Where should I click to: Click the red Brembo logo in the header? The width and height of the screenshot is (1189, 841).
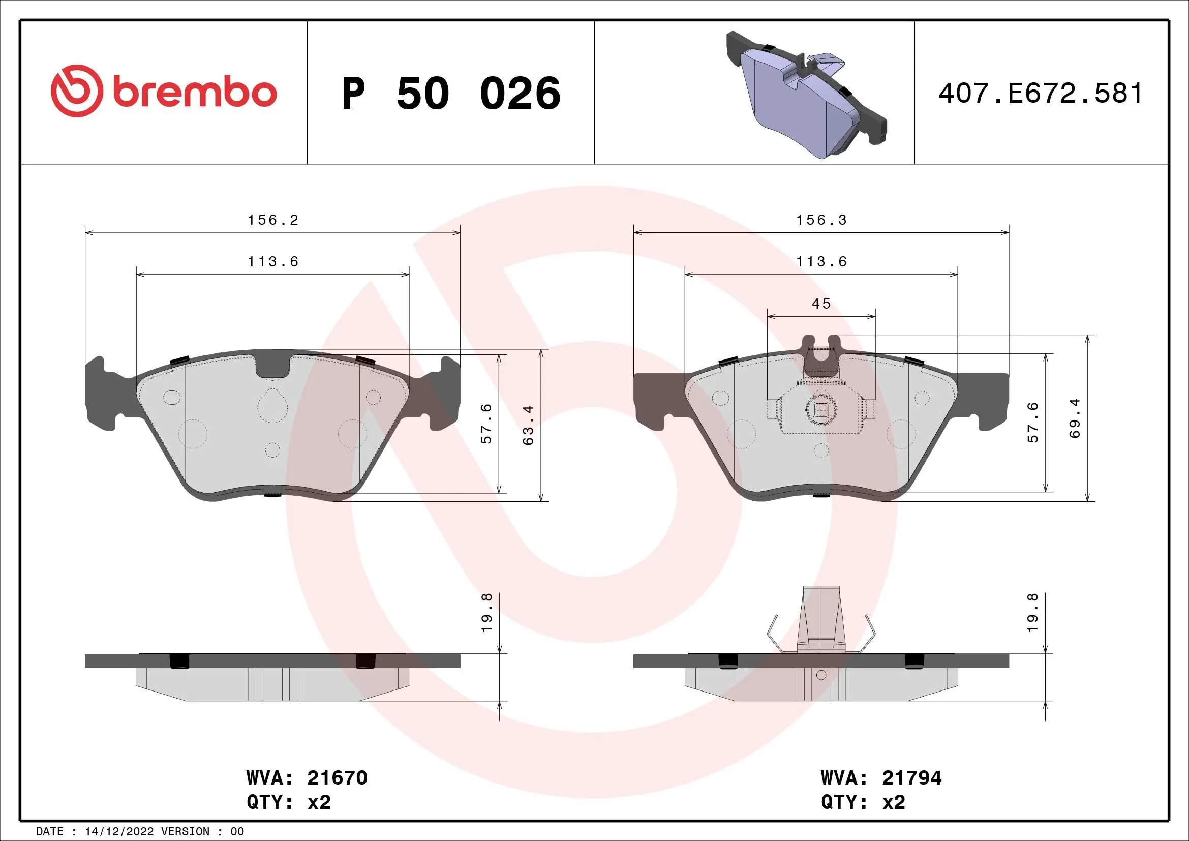164,92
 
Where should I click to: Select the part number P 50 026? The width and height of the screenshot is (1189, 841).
450,94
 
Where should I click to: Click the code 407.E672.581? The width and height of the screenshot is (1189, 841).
1041,94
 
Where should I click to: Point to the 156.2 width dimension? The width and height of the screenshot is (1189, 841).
273,220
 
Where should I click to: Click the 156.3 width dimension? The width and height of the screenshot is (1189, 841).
821,220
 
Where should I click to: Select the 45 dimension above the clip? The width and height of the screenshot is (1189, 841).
821,304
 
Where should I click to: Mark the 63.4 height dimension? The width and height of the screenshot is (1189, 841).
528,425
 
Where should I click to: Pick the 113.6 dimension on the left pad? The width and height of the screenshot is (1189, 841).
273,262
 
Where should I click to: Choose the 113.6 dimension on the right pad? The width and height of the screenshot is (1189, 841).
821,262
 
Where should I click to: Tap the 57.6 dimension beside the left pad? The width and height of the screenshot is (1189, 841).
486,423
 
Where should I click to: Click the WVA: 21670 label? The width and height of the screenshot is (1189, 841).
307,777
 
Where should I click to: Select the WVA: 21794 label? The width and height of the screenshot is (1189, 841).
881,777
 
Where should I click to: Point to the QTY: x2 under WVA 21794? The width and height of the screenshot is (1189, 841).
863,802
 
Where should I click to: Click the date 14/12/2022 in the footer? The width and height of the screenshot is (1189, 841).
119,832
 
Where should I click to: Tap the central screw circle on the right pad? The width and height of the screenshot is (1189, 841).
821,410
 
